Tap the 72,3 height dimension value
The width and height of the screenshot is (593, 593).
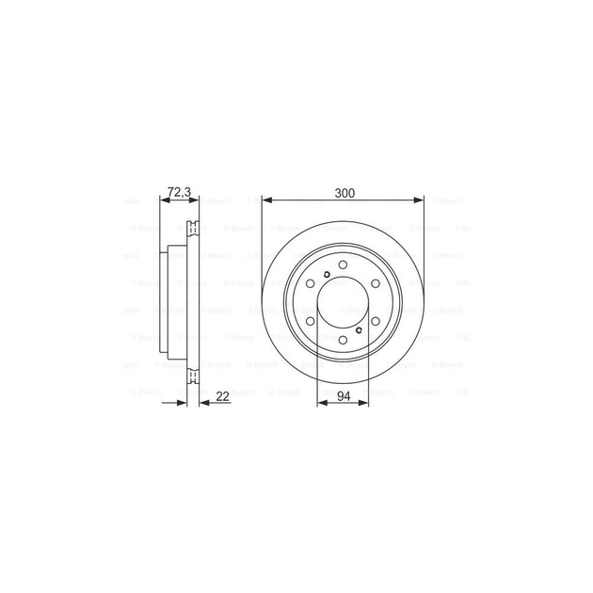179,192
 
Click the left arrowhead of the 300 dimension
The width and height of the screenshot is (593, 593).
266,200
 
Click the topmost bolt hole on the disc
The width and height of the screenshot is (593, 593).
344,266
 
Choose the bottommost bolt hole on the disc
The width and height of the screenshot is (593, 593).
344,340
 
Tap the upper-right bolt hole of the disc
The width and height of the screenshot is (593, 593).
375,285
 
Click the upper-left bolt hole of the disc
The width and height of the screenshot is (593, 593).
312,285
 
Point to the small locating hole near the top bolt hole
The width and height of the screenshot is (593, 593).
325,275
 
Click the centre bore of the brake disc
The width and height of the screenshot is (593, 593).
344,303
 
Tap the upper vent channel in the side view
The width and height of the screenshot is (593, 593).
193,225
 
